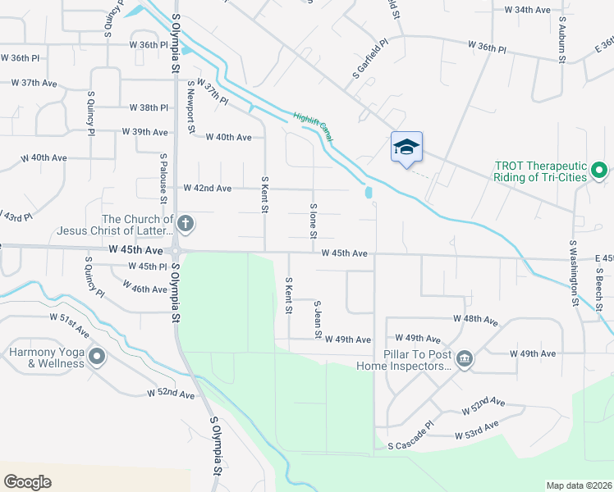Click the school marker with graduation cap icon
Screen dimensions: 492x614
pyautogui.click(x=406, y=148)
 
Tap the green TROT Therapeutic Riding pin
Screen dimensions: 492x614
pyautogui.click(x=599, y=171)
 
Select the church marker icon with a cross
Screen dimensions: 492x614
pyautogui.click(x=186, y=222)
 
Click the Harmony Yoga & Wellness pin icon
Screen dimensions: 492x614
pyautogui.click(x=98, y=356)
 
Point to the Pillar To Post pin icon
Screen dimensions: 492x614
pyautogui.click(x=464, y=358)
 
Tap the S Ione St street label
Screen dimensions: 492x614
pyautogui.click(x=313, y=221)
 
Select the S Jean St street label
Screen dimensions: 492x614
pyautogui.click(x=317, y=319)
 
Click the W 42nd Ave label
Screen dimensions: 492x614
pyautogui.click(x=208, y=189)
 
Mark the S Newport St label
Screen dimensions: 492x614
pyautogui.click(x=190, y=106)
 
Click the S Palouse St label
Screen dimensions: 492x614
pyautogui.click(x=164, y=177)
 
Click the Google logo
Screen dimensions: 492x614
pyautogui.click(x=27, y=482)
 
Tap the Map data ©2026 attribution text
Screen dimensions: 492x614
pyautogui.click(x=579, y=485)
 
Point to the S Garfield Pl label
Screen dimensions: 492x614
pyautogui.click(x=370, y=60)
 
